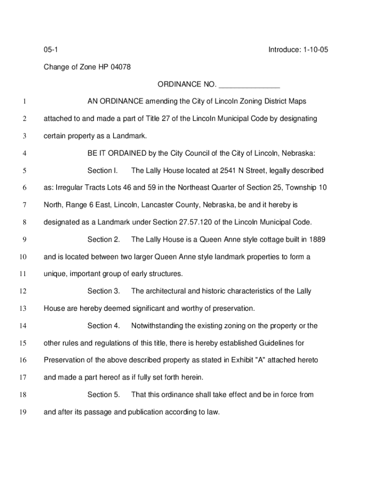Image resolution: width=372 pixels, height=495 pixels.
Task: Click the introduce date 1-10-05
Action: pos(313,50)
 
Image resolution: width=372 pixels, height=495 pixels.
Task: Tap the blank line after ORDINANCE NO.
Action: pos(249,85)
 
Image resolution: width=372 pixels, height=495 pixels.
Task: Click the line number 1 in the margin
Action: pos(23,102)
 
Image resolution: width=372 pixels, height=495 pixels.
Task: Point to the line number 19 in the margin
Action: pos(23,412)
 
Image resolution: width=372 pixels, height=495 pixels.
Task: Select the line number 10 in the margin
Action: pos(23,257)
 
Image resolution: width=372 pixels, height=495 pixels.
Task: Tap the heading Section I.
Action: pos(102,171)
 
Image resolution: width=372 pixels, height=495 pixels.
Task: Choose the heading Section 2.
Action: pos(103,240)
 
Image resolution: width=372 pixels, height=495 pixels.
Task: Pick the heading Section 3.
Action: pos(103,291)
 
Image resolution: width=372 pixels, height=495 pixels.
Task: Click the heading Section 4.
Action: pos(103,326)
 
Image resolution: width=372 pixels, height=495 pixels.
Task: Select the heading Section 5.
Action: pos(103,394)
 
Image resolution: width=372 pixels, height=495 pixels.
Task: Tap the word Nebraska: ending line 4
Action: pos(299,154)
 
